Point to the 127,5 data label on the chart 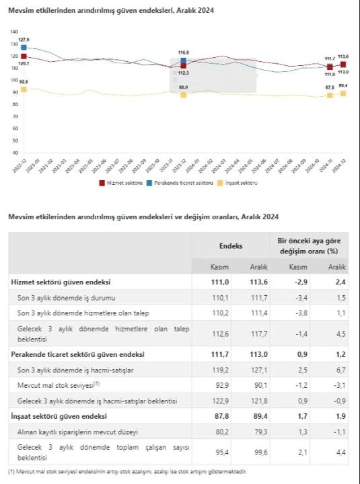click(24, 40)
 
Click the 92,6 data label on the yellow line click(24, 81)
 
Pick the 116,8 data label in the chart click(183, 52)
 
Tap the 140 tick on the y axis click(13, 32)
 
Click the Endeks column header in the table click(230, 246)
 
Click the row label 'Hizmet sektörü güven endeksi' click(61, 282)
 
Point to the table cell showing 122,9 click(211, 401)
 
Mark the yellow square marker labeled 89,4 click(343, 93)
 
